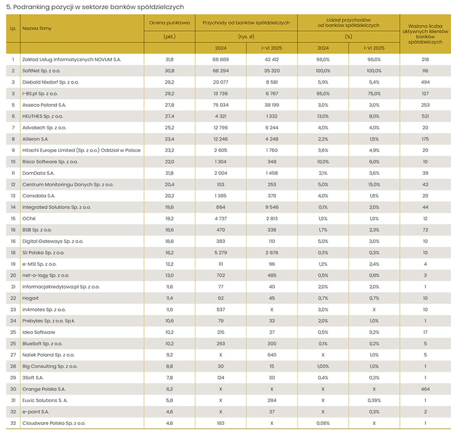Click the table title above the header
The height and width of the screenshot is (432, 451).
(95, 7)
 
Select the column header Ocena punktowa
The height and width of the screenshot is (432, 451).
(170, 23)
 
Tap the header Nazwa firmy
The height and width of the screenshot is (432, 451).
(37, 28)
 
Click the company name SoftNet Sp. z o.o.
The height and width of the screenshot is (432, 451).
(41, 71)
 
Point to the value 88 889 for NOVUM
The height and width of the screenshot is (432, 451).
(221, 60)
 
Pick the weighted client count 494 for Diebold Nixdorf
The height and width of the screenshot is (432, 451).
(425, 82)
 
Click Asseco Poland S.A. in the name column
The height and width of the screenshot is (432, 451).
(45, 105)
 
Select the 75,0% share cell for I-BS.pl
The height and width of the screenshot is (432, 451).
(374, 94)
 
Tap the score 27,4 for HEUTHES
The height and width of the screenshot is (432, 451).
(170, 116)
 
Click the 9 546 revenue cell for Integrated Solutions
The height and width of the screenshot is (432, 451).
(272, 207)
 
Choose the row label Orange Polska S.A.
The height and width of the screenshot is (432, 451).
(44, 389)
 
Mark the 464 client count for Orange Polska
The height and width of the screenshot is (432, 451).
(425, 389)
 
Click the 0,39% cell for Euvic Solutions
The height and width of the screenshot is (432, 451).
(374, 401)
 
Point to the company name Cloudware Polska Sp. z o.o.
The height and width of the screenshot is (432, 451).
(54, 423)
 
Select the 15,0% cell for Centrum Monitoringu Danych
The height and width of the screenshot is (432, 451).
(374, 185)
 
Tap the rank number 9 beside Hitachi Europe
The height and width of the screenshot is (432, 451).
(13, 150)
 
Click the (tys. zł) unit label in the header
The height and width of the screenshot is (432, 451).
(246, 36)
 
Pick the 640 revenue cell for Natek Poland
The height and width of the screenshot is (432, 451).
(272, 355)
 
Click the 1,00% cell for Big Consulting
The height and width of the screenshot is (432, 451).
(323, 366)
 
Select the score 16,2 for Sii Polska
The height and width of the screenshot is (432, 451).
(170, 253)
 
